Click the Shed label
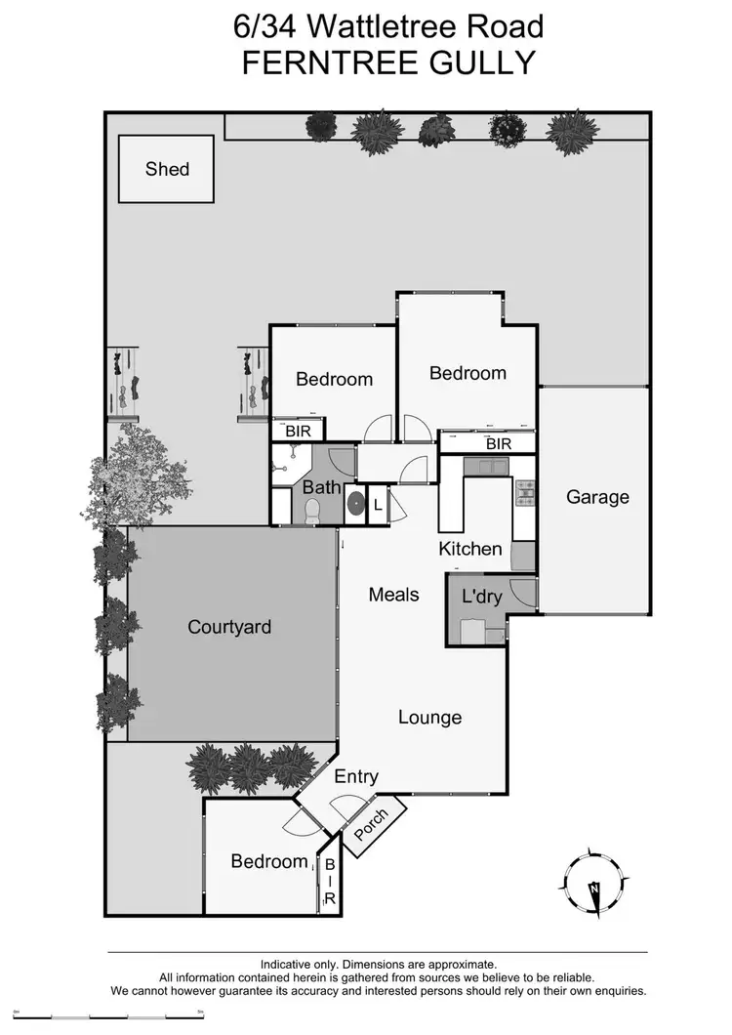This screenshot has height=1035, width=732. (167, 169)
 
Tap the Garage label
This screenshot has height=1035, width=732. (597, 497)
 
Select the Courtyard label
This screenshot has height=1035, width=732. (229, 627)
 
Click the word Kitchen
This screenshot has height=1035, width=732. (469, 549)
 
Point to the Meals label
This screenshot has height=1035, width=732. (394, 594)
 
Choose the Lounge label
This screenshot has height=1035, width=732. (429, 718)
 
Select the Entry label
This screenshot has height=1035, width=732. (356, 777)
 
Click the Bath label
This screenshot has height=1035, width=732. (321, 486)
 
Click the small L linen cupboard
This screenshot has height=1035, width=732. (378, 505)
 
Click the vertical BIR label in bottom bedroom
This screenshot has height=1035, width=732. (329, 883)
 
